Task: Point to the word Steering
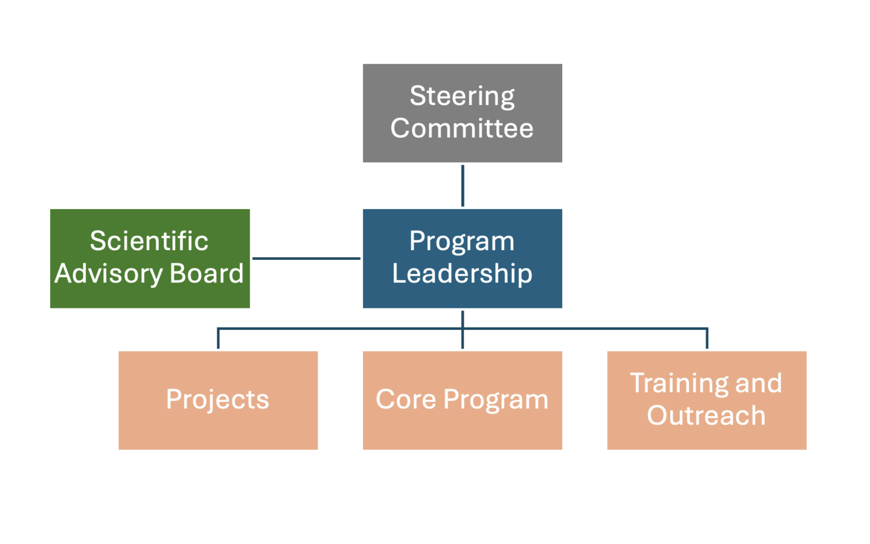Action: pos(462,96)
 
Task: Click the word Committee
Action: pos(462,128)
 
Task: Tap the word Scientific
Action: pos(149,241)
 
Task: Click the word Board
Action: pos(206,274)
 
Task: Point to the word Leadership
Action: pos(462,274)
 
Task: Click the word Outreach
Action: pos(706,416)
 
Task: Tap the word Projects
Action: pos(217,400)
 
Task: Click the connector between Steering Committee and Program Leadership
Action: pos(462,186)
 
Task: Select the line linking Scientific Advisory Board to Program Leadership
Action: pos(306,258)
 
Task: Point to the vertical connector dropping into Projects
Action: pos(218,339)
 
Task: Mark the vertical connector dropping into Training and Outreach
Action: pos(707,339)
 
